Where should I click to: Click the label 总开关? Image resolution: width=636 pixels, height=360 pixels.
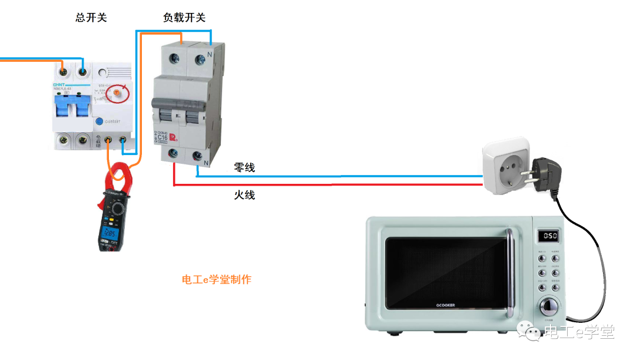coord(91,18)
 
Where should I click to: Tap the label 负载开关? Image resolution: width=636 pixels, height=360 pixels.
coord(184,18)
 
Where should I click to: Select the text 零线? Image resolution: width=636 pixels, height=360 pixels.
coord(244,168)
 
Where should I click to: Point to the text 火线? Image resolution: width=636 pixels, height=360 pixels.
coord(244,194)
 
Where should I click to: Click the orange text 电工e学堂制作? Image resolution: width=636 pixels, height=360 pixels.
coord(217,279)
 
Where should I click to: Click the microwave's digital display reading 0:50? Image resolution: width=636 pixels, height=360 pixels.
coord(547,236)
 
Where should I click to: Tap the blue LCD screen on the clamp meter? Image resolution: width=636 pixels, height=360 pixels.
coord(109,237)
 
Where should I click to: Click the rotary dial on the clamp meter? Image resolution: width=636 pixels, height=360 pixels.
coord(118,209)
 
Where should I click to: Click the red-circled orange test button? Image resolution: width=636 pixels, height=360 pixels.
coord(118,92)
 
